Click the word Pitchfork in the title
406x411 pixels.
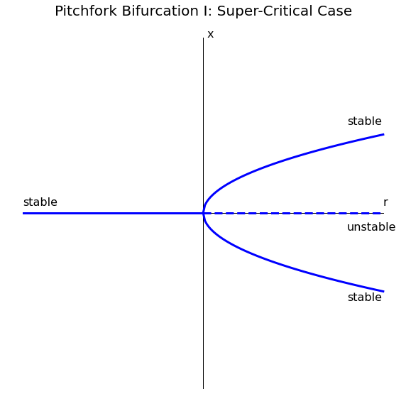coord(86,11)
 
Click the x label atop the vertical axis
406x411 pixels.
coord(211,34)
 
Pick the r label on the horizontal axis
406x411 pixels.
coord(385,202)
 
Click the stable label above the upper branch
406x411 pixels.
coord(365,121)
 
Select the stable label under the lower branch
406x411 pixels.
coord(365,297)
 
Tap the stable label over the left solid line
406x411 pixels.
coord(40,202)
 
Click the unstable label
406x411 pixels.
coord(371,227)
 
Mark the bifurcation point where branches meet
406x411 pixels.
coord(204,214)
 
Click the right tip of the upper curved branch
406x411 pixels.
coord(384,134)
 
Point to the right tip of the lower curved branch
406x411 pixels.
coord(384,292)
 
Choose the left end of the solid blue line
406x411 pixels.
coord(23,214)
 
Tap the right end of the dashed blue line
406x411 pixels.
coord(380,214)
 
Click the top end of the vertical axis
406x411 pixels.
coord(204,38)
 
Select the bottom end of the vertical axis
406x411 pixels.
coord(204,389)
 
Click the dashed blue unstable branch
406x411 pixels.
coord(292,214)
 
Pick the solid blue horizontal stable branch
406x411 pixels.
coord(114,214)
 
